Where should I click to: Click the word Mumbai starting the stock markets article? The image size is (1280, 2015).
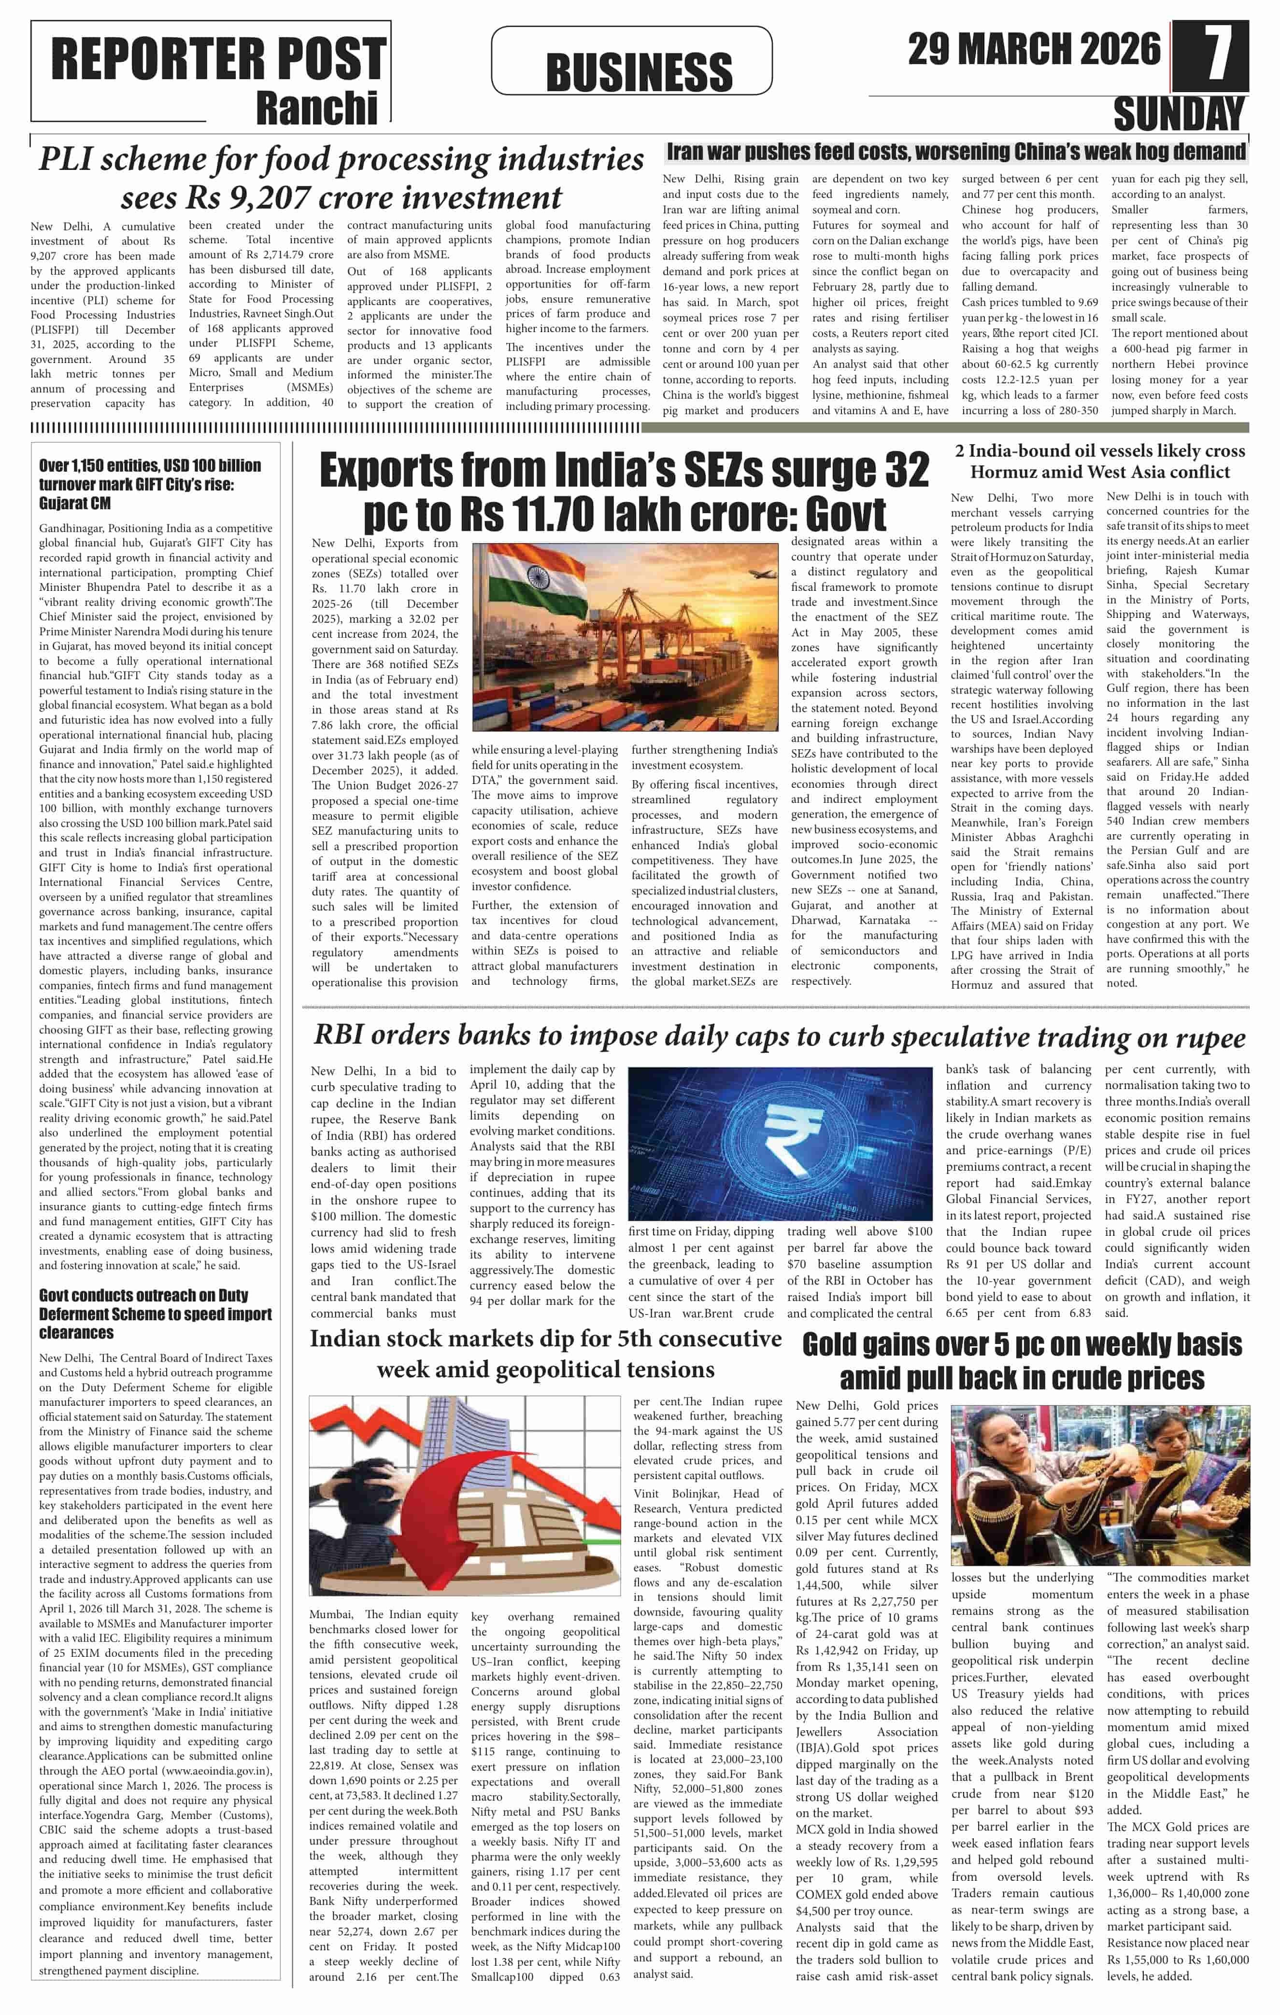point(333,1614)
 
